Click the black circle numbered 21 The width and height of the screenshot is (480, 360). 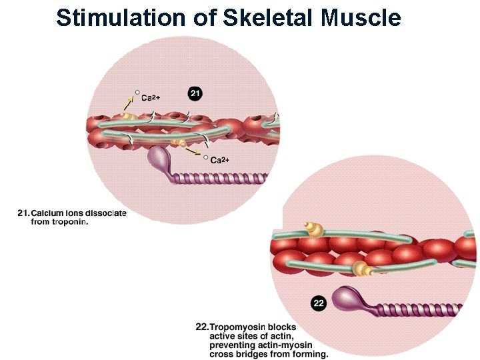tap(195, 94)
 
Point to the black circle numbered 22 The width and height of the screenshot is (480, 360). tap(319, 303)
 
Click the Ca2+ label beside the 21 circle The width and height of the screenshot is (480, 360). tap(151, 97)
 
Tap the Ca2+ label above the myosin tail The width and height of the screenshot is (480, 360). tap(219, 160)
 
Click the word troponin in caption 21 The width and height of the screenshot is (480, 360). tap(69, 222)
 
